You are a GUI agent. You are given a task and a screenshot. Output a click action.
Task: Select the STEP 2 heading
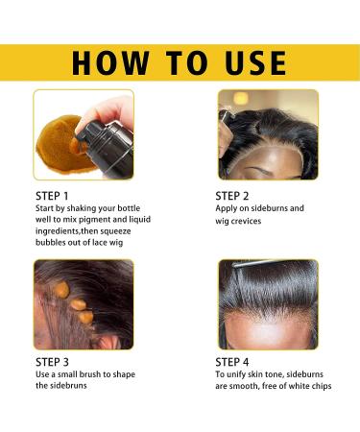(237, 195)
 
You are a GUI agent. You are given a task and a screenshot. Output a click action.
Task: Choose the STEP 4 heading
(237, 362)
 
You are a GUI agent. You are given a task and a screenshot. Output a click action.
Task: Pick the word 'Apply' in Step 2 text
(230, 208)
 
